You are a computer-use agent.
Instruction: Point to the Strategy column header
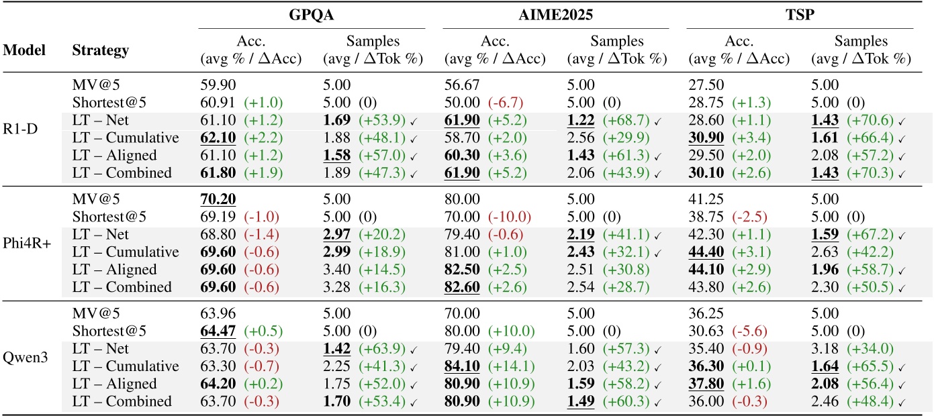pos(101,50)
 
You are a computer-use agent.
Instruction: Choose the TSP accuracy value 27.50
pos(703,85)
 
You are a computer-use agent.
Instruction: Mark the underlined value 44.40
pos(704,252)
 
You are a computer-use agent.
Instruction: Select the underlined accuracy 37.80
pos(704,384)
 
